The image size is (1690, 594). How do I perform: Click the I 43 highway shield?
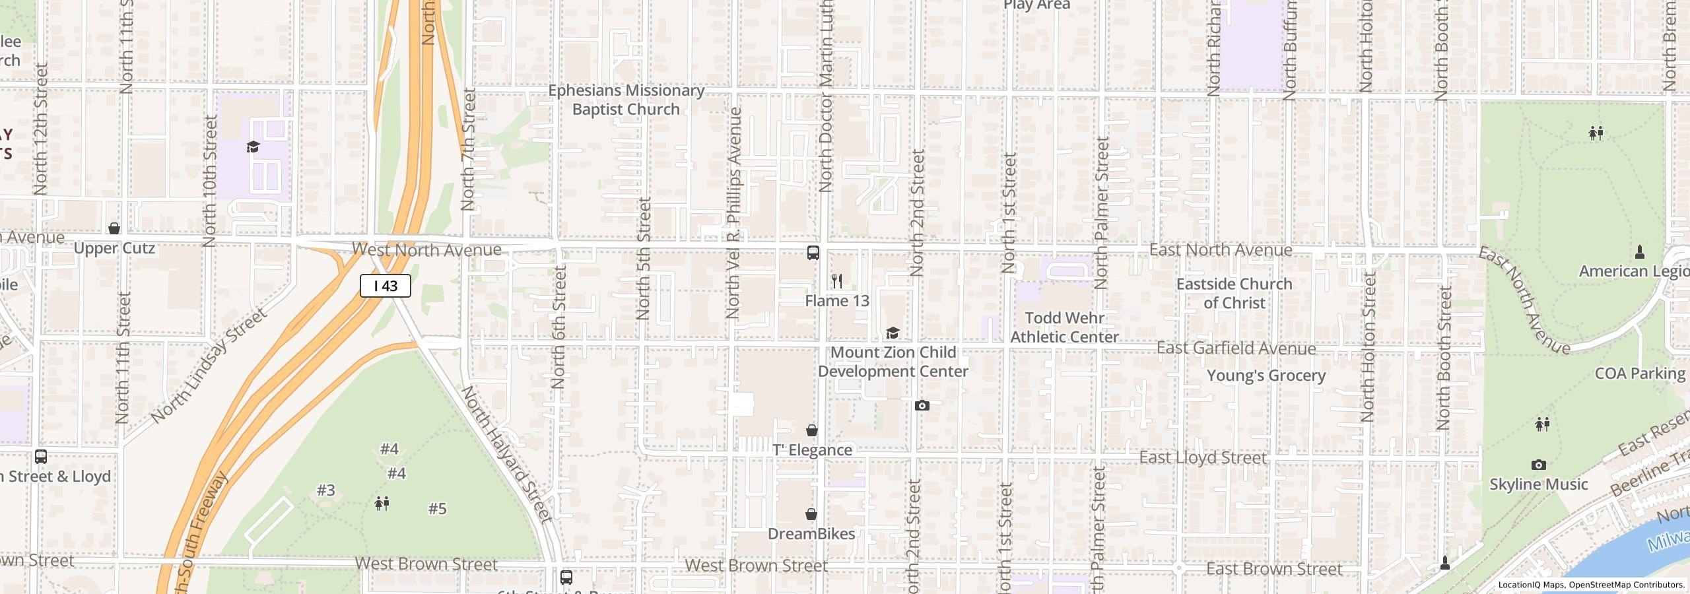point(386,286)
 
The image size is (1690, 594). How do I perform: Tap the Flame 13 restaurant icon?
point(837,281)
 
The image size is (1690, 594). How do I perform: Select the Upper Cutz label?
point(114,248)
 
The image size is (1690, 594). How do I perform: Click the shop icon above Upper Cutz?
point(114,228)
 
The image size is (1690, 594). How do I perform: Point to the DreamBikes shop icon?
point(811,514)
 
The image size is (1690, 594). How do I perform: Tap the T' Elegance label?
point(812,450)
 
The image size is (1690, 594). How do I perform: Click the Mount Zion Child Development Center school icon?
point(893,333)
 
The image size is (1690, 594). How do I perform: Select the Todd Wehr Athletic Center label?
point(1064,327)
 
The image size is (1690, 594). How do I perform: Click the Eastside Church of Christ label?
point(1234,294)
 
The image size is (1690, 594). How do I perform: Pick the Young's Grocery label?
point(1266,376)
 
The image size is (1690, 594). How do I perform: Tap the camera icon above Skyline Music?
point(1538,465)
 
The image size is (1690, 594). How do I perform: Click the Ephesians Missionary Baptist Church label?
point(626,100)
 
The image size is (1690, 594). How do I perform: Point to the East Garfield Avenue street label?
point(1236,348)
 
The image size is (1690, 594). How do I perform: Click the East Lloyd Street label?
point(1203,458)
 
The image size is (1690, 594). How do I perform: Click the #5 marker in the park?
point(437,509)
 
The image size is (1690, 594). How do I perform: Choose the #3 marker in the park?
point(326,490)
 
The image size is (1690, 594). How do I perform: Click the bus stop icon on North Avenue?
point(813,252)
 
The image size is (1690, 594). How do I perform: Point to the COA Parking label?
point(1639,374)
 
